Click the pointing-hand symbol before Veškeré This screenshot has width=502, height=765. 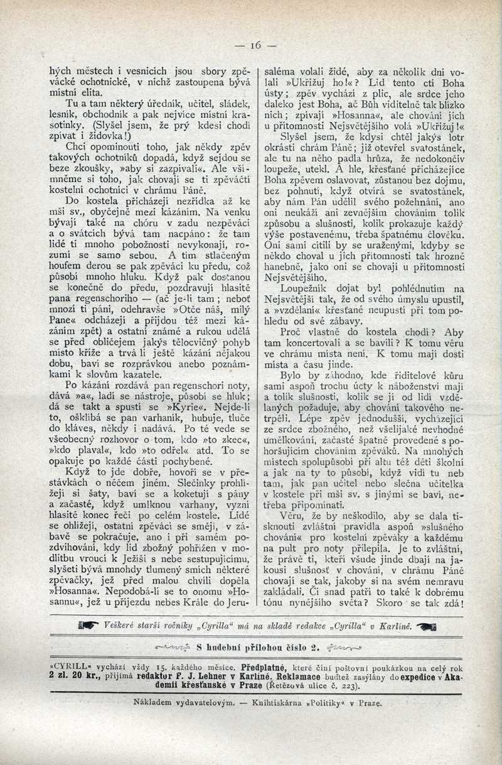tap(88, 626)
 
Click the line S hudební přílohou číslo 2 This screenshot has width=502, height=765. tap(259, 647)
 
